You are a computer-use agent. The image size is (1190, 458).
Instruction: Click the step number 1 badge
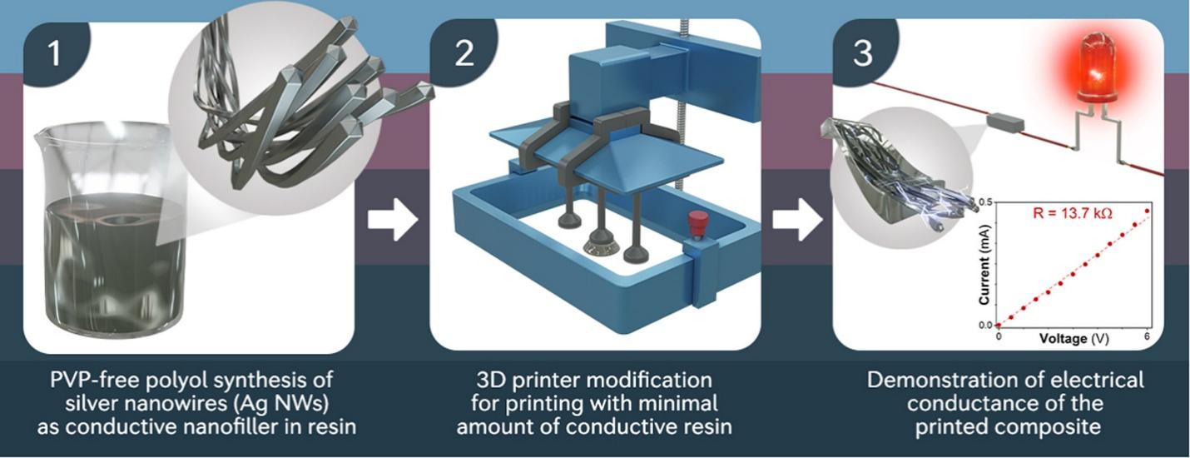54,53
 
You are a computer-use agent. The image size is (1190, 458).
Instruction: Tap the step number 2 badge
464,53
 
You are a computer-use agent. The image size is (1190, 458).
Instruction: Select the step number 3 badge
864,53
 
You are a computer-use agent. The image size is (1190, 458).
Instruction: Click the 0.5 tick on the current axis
986,202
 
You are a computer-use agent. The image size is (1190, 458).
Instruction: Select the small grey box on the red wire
1005,122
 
